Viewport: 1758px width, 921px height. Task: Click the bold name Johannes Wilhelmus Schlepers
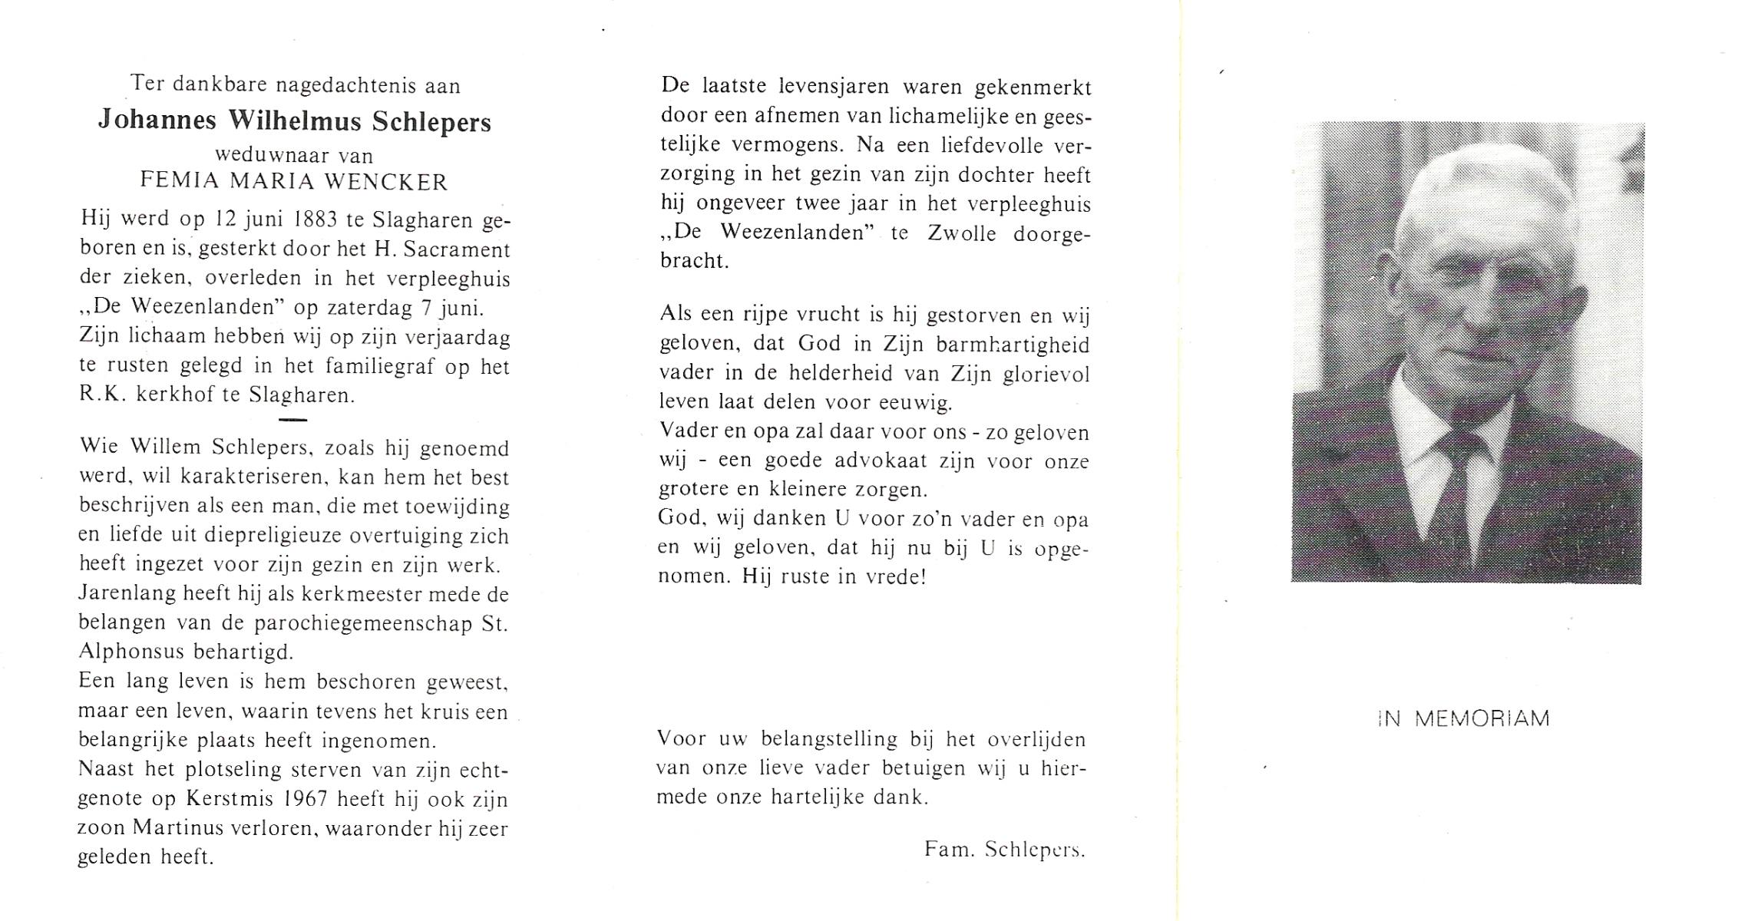click(x=295, y=121)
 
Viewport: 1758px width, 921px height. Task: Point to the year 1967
click(x=306, y=799)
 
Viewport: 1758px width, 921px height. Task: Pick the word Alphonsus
click(x=131, y=652)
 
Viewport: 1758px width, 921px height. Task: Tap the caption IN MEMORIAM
click(x=1464, y=719)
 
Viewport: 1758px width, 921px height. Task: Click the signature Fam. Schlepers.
click(x=1005, y=850)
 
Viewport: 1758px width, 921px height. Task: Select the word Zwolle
click(x=962, y=233)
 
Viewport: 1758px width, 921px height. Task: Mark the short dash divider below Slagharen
click(x=293, y=420)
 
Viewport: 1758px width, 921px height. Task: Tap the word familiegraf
click(x=379, y=367)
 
